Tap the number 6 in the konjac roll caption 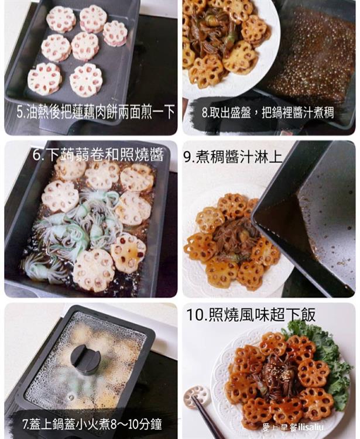(x=38, y=155)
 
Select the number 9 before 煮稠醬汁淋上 (x=188, y=157)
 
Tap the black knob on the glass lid (x=85, y=358)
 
